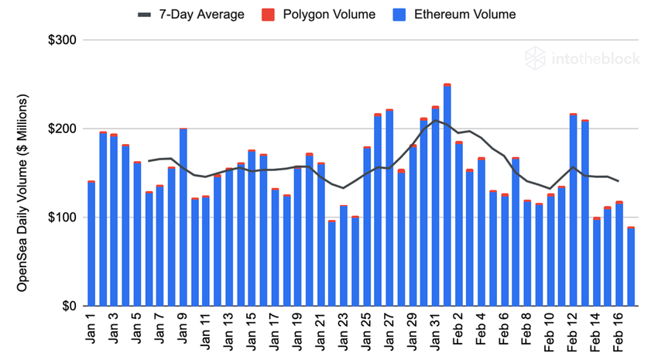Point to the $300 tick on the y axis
[62, 39]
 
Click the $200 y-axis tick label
[62, 129]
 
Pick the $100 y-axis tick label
[62, 218]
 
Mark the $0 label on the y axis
[67, 306]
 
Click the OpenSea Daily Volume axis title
[23, 194]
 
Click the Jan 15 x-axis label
[252, 329]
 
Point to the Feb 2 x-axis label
[458, 329]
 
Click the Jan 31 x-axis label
[435, 329]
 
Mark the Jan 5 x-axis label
[137, 329]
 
